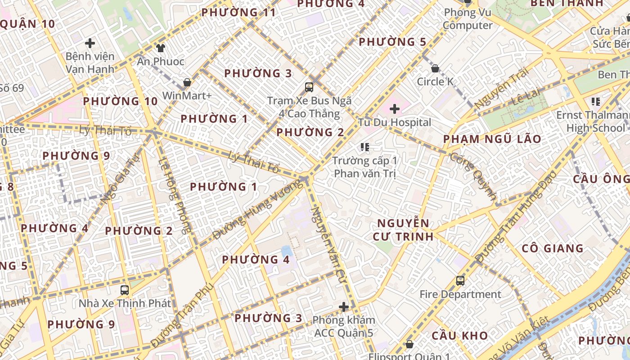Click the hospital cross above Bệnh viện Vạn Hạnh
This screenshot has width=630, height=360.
90,43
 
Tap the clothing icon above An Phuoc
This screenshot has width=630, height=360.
161,48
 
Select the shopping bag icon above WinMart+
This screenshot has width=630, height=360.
187,82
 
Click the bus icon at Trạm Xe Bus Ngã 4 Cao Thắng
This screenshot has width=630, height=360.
309,87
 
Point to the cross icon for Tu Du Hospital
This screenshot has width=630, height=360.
395,108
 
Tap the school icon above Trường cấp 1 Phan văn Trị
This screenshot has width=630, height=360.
365,147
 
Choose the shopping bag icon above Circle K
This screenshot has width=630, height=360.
435,68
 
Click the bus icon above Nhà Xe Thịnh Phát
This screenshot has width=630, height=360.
125,290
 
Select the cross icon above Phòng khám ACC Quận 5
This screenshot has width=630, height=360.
344,307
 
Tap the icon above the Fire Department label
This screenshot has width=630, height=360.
460,281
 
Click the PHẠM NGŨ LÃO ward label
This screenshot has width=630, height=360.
492,139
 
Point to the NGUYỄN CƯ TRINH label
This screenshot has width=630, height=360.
403,229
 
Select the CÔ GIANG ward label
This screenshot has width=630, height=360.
553,248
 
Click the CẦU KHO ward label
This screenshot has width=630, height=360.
460,336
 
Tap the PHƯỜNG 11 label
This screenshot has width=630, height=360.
238,13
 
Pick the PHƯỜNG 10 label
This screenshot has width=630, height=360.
120,101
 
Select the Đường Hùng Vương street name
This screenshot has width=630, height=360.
257,210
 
